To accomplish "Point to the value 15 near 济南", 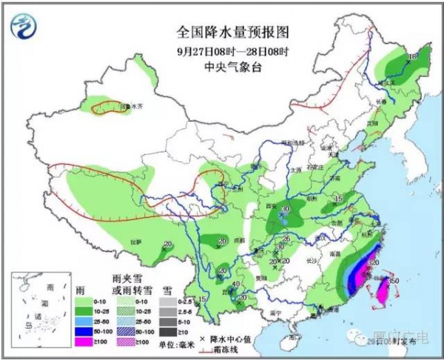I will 339,199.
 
